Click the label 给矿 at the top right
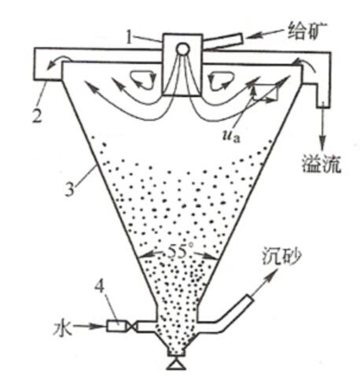click(x=304, y=31)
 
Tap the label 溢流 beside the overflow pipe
click(x=321, y=163)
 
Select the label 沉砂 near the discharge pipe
click(x=281, y=256)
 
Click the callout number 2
click(x=37, y=116)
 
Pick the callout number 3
click(x=70, y=188)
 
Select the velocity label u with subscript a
click(x=231, y=136)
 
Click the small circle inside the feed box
click(x=182, y=49)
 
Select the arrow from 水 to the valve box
click(x=88, y=327)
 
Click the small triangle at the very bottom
click(x=177, y=364)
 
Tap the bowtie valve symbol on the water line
click(x=131, y=327)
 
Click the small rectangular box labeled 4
click(x=116, y=327)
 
